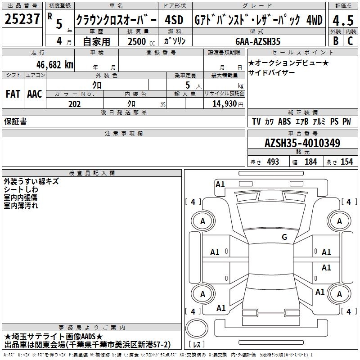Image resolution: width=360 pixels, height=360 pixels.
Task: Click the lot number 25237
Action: pyautogui.click(x=22, y=19)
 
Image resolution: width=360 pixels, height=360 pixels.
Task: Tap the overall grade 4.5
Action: pyautogui.click(x=343, y=20)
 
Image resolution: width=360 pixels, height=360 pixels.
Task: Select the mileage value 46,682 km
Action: pyautogui.click(x=55, y=65)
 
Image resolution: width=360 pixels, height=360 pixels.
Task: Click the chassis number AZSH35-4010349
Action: pyautogui.click(x=302, y=143)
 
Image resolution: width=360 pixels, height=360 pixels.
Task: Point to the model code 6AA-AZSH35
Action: pyautogui.click(x=258, y=41)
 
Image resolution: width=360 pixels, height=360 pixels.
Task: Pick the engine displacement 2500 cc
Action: pyautogui.click(x=141, y=41)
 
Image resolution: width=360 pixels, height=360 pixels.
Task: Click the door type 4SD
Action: pyautogui.click(x=174, y=20)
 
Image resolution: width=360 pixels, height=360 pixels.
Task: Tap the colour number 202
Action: pyautogui.click(x=75, y=104)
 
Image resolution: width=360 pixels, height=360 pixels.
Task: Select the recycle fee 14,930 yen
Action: pyautogui.click(x=228, y=104)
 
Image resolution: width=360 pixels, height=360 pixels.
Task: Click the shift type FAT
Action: pyautogui.click(x=13, y=94)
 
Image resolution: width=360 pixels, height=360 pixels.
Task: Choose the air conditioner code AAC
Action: pyautogui.click(x=35, y=94)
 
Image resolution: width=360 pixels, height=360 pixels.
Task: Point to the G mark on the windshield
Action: pyautogui.click(x=284, y=237)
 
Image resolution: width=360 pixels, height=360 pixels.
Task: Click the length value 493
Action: pyautogui.click(x=273, y=162)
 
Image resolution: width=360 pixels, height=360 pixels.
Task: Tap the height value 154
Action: pyautogui.click(x=346, y=162)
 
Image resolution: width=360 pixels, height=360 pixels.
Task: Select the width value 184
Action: pyautogui.click(x=310, y=162)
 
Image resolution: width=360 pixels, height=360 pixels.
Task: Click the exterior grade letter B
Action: pyautogui.click(x=336, y=41)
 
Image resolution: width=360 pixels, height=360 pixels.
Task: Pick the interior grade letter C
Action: pyautogui.click(x=350, y=41)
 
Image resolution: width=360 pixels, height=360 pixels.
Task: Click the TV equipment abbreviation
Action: pyautogui.click(x=256, y=121)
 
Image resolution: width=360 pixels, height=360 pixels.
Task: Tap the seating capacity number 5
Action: pyautogui.click(x=188, y=85)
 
